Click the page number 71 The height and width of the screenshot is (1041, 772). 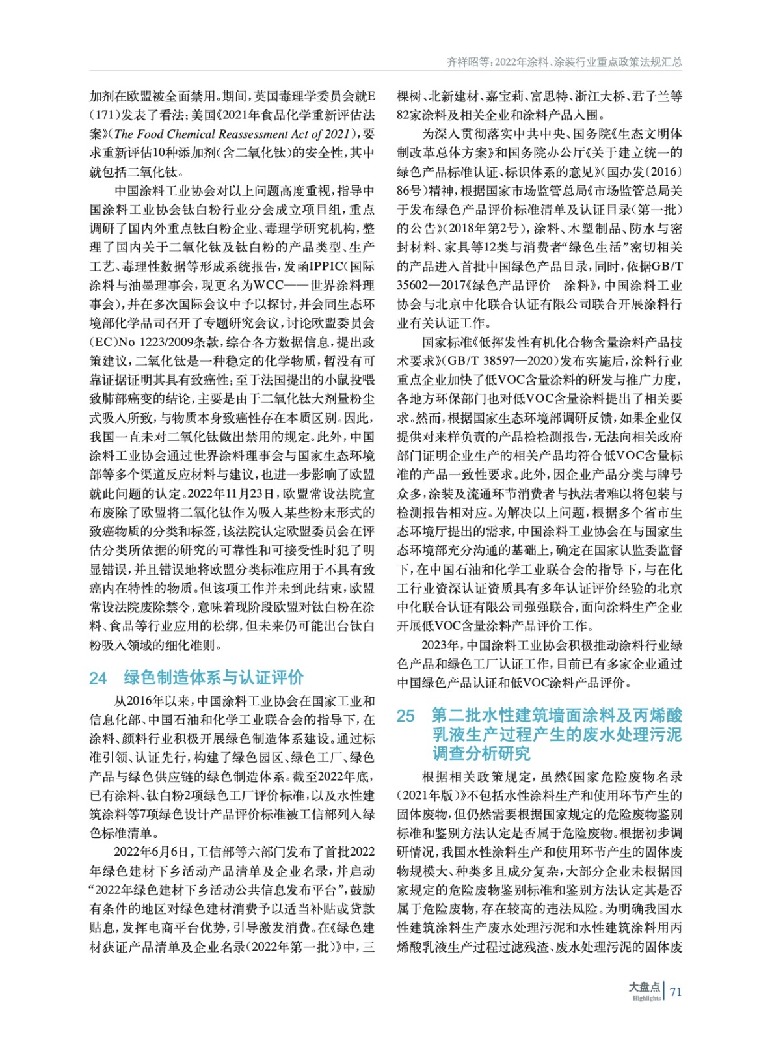click(676, 992)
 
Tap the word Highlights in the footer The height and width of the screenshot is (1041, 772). click(646, 998)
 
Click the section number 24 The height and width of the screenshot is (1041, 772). click(98, 678)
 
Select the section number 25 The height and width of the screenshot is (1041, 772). click(405, 716)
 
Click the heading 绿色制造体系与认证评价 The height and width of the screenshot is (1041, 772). click(214, 677)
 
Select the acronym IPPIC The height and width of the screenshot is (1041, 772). click(329, 266)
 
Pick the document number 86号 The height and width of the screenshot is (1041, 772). click(410, 191)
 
